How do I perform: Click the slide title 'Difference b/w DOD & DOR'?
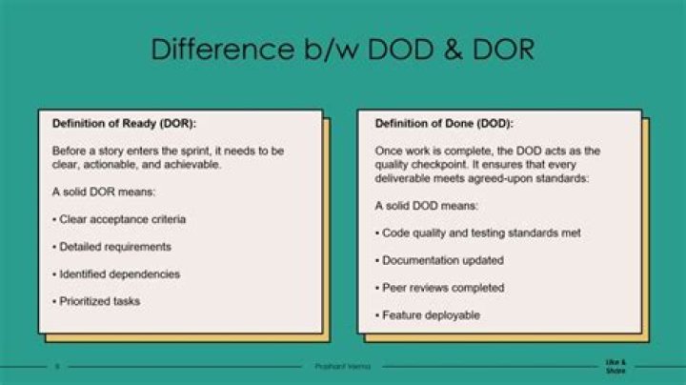point(342,50)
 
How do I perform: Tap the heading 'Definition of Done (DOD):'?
point(443,124)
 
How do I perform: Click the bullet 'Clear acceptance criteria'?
point(119,219)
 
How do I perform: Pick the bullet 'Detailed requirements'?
point(111,247)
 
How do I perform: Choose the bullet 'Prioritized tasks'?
point(96,301)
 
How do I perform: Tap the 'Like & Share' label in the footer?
point(615,367)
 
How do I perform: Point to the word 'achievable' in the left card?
point(193,164)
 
